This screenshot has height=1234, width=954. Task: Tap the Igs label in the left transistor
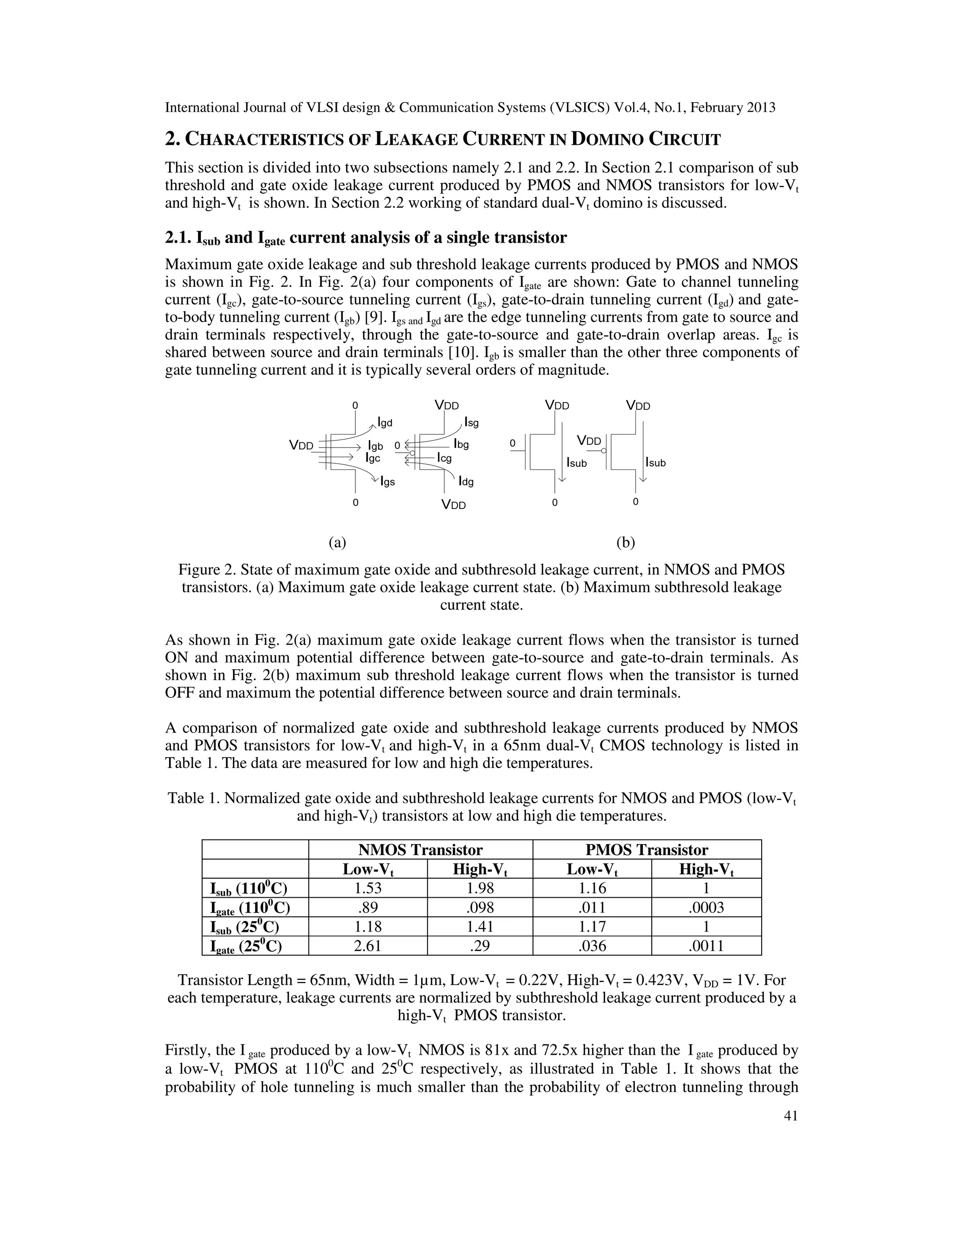click(388, 481)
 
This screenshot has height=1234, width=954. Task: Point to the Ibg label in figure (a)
click(461, 445)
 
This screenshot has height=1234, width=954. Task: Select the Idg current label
click(466, 481)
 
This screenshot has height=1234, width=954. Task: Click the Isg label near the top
click(471, 422)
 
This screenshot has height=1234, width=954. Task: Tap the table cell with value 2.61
click(368, 946)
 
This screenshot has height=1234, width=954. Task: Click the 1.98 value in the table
click(480, 888)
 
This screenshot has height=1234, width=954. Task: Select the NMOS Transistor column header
click(421, 850)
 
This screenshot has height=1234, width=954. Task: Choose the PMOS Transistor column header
click(647, 850)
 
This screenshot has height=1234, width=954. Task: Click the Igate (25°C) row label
click(246, 946)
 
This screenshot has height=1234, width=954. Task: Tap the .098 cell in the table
click(480, 908)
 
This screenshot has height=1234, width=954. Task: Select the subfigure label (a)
click(337, 543)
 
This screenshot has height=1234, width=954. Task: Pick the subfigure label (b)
click(626, 543)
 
